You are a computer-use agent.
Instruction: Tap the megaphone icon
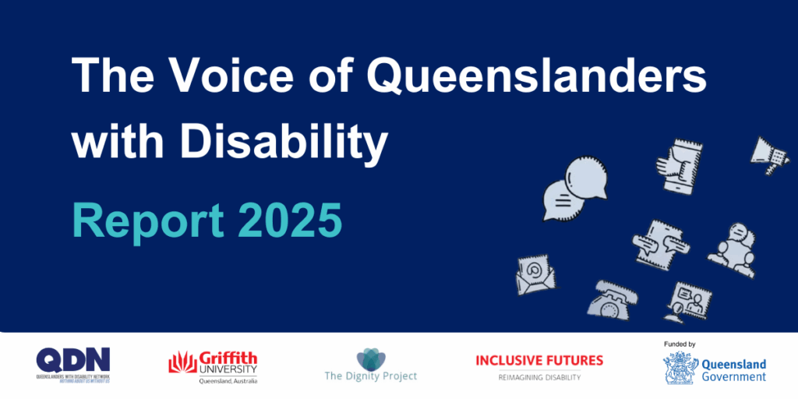pos(769,154)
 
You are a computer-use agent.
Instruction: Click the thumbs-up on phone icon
pos(676,165)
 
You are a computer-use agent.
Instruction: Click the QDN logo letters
pos(73,359)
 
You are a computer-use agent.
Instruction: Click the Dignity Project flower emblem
pos(370,359)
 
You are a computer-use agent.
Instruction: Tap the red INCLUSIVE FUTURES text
pos(539,361)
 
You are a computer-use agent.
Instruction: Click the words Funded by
pos(680,344)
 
